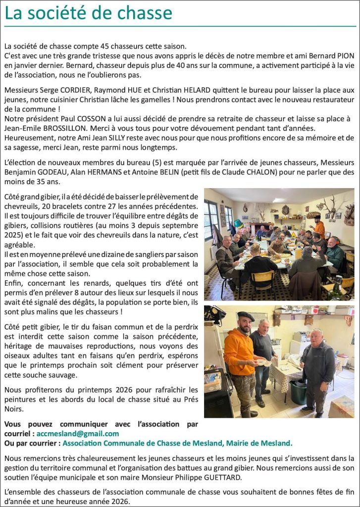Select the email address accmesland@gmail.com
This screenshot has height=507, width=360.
[x=78, y=433]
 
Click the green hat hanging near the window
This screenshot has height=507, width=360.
[x=238, y=223]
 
